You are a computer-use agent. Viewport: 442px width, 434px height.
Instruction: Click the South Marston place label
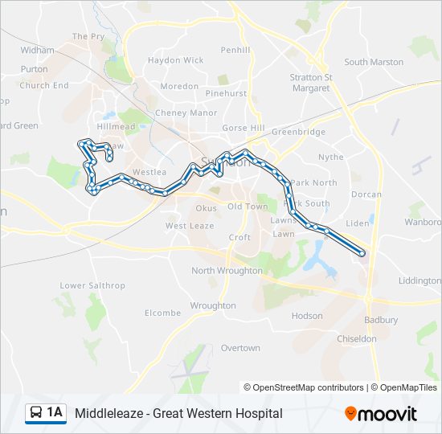(x=374, y=62)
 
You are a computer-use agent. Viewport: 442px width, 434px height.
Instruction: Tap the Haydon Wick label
(x=175, y=60)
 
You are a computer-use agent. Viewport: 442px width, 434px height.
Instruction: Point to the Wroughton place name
(x=213, y=305)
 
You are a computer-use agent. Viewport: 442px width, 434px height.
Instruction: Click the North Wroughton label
(x=227, y=271)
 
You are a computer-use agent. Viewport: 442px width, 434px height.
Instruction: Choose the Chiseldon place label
(x=358, y=339)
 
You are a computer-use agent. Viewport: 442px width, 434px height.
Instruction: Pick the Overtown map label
(x=240, y=348)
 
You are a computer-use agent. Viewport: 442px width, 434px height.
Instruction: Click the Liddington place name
(x=419, y=280)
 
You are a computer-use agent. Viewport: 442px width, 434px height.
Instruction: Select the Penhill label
(x=236, y=50)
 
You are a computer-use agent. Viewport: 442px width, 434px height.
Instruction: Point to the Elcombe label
(x=162, y=313)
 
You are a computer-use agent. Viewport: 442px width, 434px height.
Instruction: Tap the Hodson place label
(x=307, y=316)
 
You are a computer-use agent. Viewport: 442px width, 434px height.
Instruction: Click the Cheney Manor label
(x=186, y=113)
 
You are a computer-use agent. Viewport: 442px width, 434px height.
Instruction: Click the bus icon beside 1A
(x=36, y=413)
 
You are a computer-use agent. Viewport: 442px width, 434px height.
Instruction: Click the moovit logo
(x=380, y=413)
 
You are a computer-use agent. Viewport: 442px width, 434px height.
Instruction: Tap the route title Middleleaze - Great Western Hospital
(x=178, y=413)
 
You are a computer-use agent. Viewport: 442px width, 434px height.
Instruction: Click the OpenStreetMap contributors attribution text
(x=304, y=387)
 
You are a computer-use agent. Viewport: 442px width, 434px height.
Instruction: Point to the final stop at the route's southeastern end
(x=362, y=253)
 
